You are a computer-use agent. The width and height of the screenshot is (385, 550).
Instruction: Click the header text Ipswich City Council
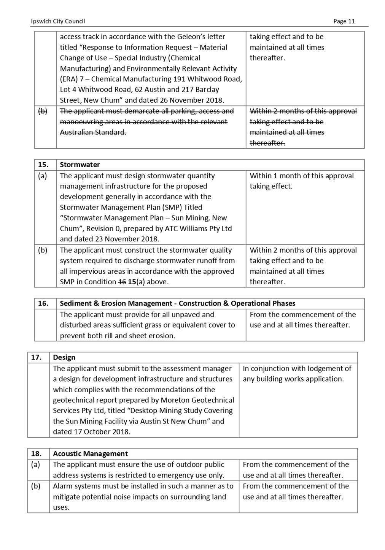[x=58, y=21]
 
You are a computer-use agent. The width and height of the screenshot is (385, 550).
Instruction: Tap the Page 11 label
[x=344, y=21]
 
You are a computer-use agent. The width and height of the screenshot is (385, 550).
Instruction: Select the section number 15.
[x=43, y=165]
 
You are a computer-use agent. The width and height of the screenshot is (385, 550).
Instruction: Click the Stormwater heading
[x=80, y=165]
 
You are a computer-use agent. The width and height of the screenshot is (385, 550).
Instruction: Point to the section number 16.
[x=43, y=303]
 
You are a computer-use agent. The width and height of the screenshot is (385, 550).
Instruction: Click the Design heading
[x=64, y=357]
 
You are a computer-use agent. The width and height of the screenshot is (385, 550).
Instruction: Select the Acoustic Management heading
[x=91, y=453]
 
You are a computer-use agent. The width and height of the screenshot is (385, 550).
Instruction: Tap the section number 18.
[x=37, y=453]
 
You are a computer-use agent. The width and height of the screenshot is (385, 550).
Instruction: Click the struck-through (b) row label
[x=43, y=111]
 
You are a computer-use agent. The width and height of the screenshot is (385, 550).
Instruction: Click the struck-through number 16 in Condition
[x=122, y=282]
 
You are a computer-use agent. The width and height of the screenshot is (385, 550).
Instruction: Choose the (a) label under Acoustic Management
[x=36, y=464]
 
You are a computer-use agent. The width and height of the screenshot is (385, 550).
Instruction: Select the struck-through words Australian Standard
[x=93, y=132]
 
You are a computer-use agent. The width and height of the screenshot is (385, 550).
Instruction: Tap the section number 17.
[x=37, y=357]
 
